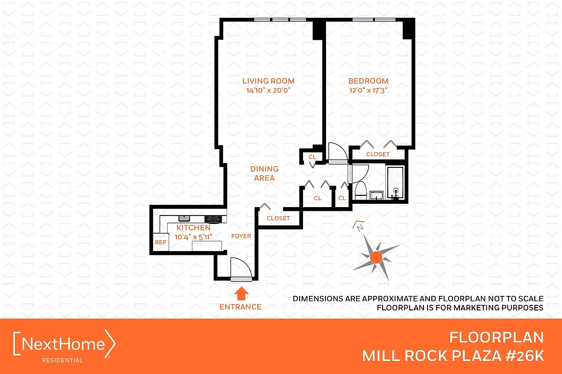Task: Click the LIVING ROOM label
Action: pyautogui.click(x=268, y=81)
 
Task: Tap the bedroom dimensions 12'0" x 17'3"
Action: pyautogui.click(x=368, y=91)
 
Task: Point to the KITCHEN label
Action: pyautogui.click(x=193, y=227)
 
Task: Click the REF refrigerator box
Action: pyautogui.click(x=161, y=243)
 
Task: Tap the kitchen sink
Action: pyautogui.click(x=184, y=218)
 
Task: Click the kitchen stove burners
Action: pyautogui.click(x=213, y=218)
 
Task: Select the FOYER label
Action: pyautogui.click(x=241, y=236)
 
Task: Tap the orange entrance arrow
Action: pyautogui.click(x=241, y=294)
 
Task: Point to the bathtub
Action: pyautogui.click(x=396, y=182)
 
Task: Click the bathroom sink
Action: pyautogui.click(x=375, y=195)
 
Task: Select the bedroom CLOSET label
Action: pyautogui.click(x=377, y=154)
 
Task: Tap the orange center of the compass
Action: pyautogui.click(x=375, y=257)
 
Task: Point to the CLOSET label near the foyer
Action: pyautogui.click(x=278, y=218)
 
